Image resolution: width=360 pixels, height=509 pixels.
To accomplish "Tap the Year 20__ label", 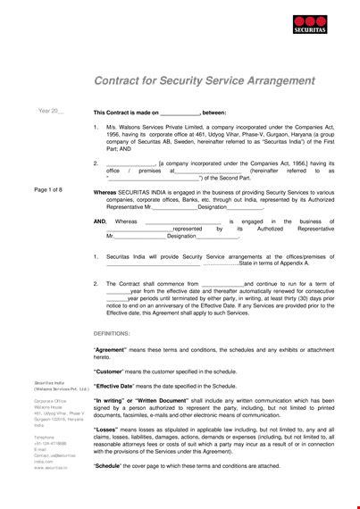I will [x=50, y=111].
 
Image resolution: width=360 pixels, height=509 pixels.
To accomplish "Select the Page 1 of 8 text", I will [x=48, y=190].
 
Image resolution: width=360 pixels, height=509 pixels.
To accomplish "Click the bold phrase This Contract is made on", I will [x=126, y=113].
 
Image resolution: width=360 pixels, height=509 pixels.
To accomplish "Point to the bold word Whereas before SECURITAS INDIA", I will [x=105, y=190].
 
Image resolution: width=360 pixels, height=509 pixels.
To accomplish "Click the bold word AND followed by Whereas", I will [x=100, y=221].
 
